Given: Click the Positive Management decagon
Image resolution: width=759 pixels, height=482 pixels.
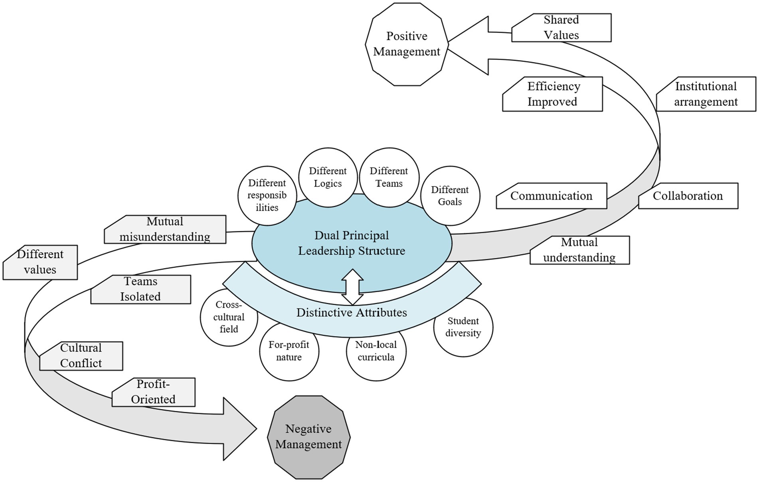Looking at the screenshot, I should click(407, 44).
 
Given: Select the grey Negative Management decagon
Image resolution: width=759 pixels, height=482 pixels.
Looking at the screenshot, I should click(308, 437).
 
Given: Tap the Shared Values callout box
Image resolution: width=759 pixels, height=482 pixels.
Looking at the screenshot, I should click(561, 28).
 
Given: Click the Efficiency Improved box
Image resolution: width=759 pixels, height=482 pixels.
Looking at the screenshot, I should click(552, 94).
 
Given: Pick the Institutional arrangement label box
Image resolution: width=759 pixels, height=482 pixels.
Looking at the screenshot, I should click(706, 94).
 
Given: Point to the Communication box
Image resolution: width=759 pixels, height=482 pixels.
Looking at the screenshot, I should click(551, 196).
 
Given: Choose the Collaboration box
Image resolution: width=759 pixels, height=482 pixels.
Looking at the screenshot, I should click(688, 196).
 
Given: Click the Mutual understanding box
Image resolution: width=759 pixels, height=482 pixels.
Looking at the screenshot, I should click(579, 250).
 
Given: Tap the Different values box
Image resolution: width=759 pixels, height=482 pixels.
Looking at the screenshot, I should click(40, 262).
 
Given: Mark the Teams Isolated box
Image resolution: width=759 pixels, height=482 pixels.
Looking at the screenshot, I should click(140, 289).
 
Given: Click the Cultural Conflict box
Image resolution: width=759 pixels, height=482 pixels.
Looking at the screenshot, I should click(81, 356).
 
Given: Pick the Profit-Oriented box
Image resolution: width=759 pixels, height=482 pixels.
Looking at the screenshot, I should click(153, 392).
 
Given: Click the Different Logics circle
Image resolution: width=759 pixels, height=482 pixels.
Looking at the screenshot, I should click(328, 177).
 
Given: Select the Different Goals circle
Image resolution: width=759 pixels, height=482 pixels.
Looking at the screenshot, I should click(450, 196).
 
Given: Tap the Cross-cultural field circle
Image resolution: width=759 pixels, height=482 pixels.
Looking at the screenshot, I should click(229, 317).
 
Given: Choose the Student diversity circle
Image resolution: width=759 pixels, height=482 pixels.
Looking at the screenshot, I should click(463, 327).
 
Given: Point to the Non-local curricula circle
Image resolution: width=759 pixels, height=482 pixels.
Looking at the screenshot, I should click(376, 351).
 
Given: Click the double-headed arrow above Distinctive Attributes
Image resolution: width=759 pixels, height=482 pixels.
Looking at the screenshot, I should click(352, 287).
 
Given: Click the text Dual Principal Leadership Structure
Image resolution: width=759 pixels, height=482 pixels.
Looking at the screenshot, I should click(352, 243).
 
